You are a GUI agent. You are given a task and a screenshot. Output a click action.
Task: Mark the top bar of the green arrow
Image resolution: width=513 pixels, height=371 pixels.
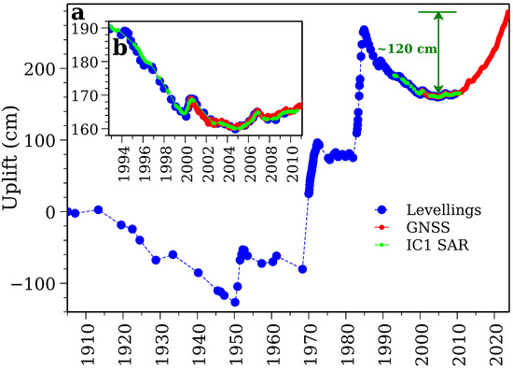coord(438,12)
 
